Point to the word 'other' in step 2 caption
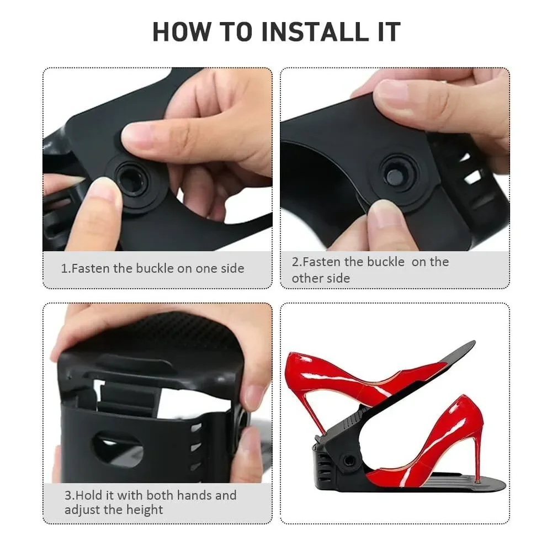pos(307,278)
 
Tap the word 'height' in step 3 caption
pos(145,509)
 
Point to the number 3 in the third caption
pos(68,495)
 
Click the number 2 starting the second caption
pos(295,262)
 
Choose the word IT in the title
pos(390,31)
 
